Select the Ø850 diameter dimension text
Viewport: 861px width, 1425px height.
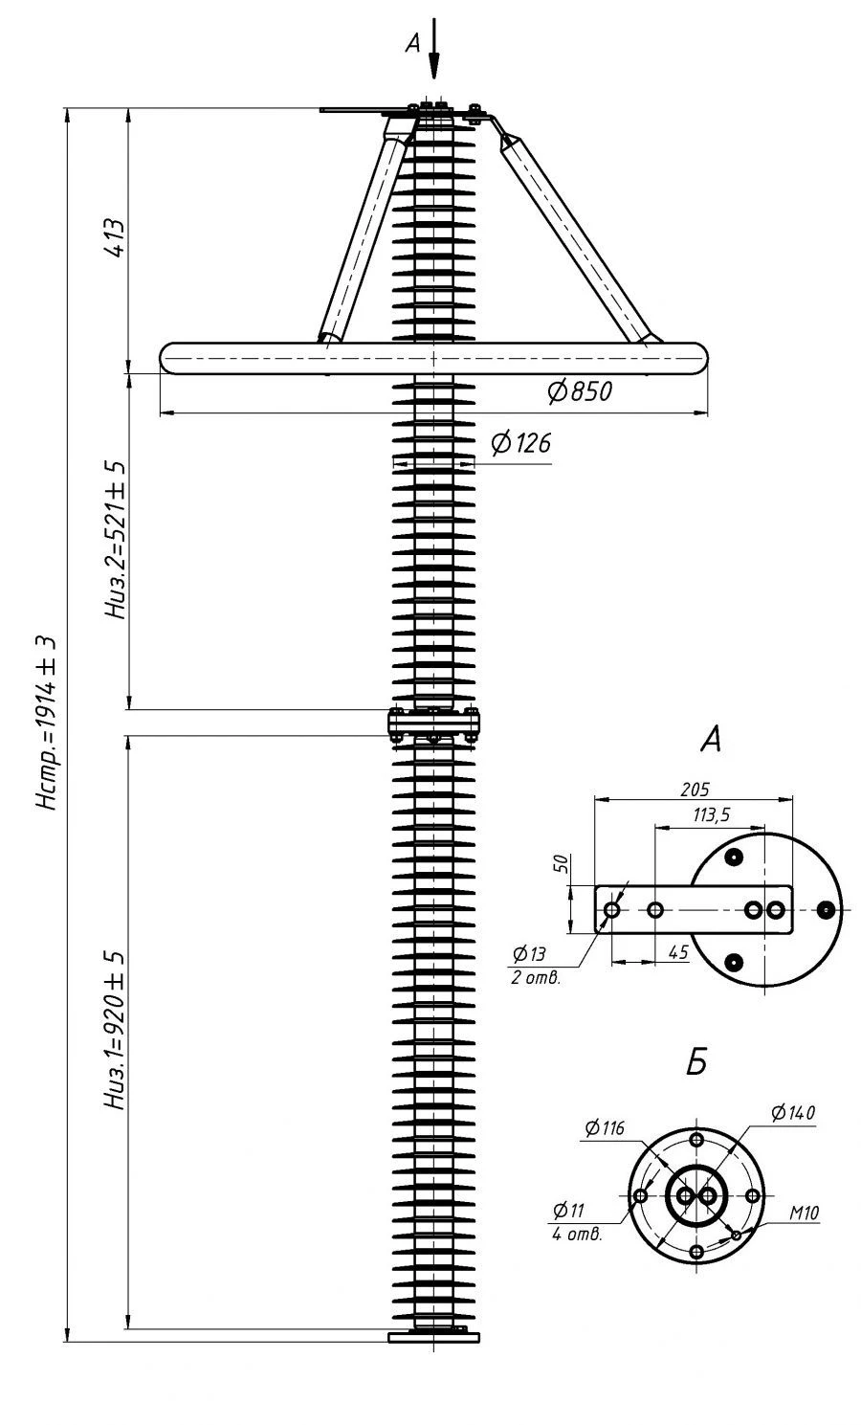(579, 390)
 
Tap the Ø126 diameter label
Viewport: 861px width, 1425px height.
(519, 443)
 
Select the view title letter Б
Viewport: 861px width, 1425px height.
(696, 1062)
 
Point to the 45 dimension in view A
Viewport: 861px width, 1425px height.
(678, 953)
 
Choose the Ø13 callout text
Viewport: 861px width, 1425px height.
(528, 953)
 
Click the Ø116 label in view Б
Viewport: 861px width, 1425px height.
(604, 1129)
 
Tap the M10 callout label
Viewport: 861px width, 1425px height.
(804, 1213)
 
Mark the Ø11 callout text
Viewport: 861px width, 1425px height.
(568, 1212)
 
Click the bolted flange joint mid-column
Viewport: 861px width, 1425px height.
(433, 724)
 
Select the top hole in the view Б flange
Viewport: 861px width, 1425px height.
(696, 1140)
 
